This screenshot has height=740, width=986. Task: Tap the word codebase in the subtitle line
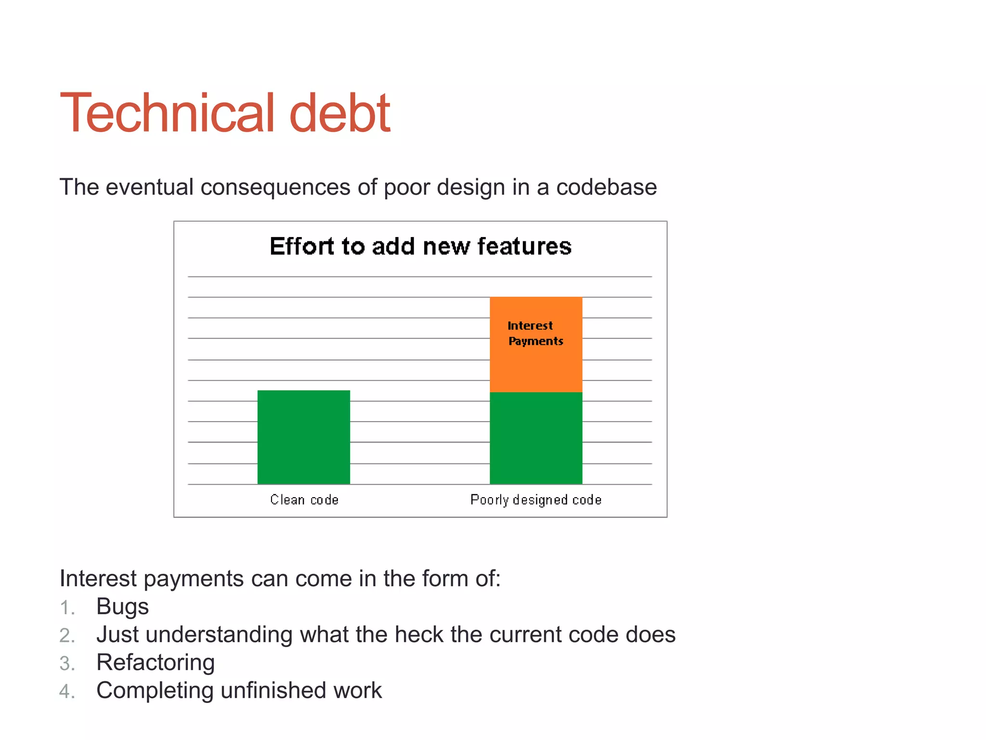(x=606, y=187)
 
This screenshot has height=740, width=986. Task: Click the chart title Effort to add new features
(x=420, y=246)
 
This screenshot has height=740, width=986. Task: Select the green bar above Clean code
(x=303, y=437)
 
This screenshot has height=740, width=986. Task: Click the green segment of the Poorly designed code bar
(x=536, y=438)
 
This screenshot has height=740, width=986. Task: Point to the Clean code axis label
(x=304, y=500)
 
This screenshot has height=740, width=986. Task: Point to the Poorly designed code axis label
(x=536, y=500)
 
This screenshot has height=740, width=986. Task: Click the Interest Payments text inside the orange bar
(x=534, y=333)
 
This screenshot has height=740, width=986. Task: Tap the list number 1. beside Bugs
(x=67, y=608)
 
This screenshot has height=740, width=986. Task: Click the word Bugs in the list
(x=122, y=607)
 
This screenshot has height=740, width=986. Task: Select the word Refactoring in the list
(x=156, y=662)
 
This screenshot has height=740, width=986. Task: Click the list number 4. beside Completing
(x=67, y=691)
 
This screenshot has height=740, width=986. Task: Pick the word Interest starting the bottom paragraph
(x=98, y=579)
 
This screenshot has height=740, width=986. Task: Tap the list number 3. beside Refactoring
(x=67, y=663)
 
